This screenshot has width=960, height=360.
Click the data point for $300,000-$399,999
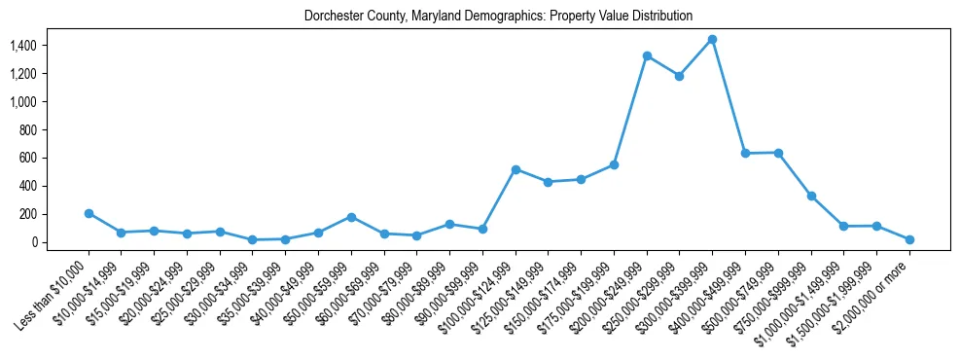coord(712,40)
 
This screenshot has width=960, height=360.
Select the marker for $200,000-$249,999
coord(647,56)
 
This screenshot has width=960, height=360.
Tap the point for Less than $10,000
coord(89,213)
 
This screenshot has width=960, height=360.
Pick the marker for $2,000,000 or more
coord(909,239)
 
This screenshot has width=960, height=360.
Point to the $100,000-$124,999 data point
coord(516,169)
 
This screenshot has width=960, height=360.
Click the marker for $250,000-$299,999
coord(679,76)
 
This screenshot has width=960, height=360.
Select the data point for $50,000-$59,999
coord(351,217)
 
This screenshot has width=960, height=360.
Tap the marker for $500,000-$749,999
coord(778,153)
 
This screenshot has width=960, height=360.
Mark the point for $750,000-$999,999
coord(811,196)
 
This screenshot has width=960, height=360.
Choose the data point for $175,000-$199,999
coord(614,164)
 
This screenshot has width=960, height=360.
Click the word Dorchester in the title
coord(328,17)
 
